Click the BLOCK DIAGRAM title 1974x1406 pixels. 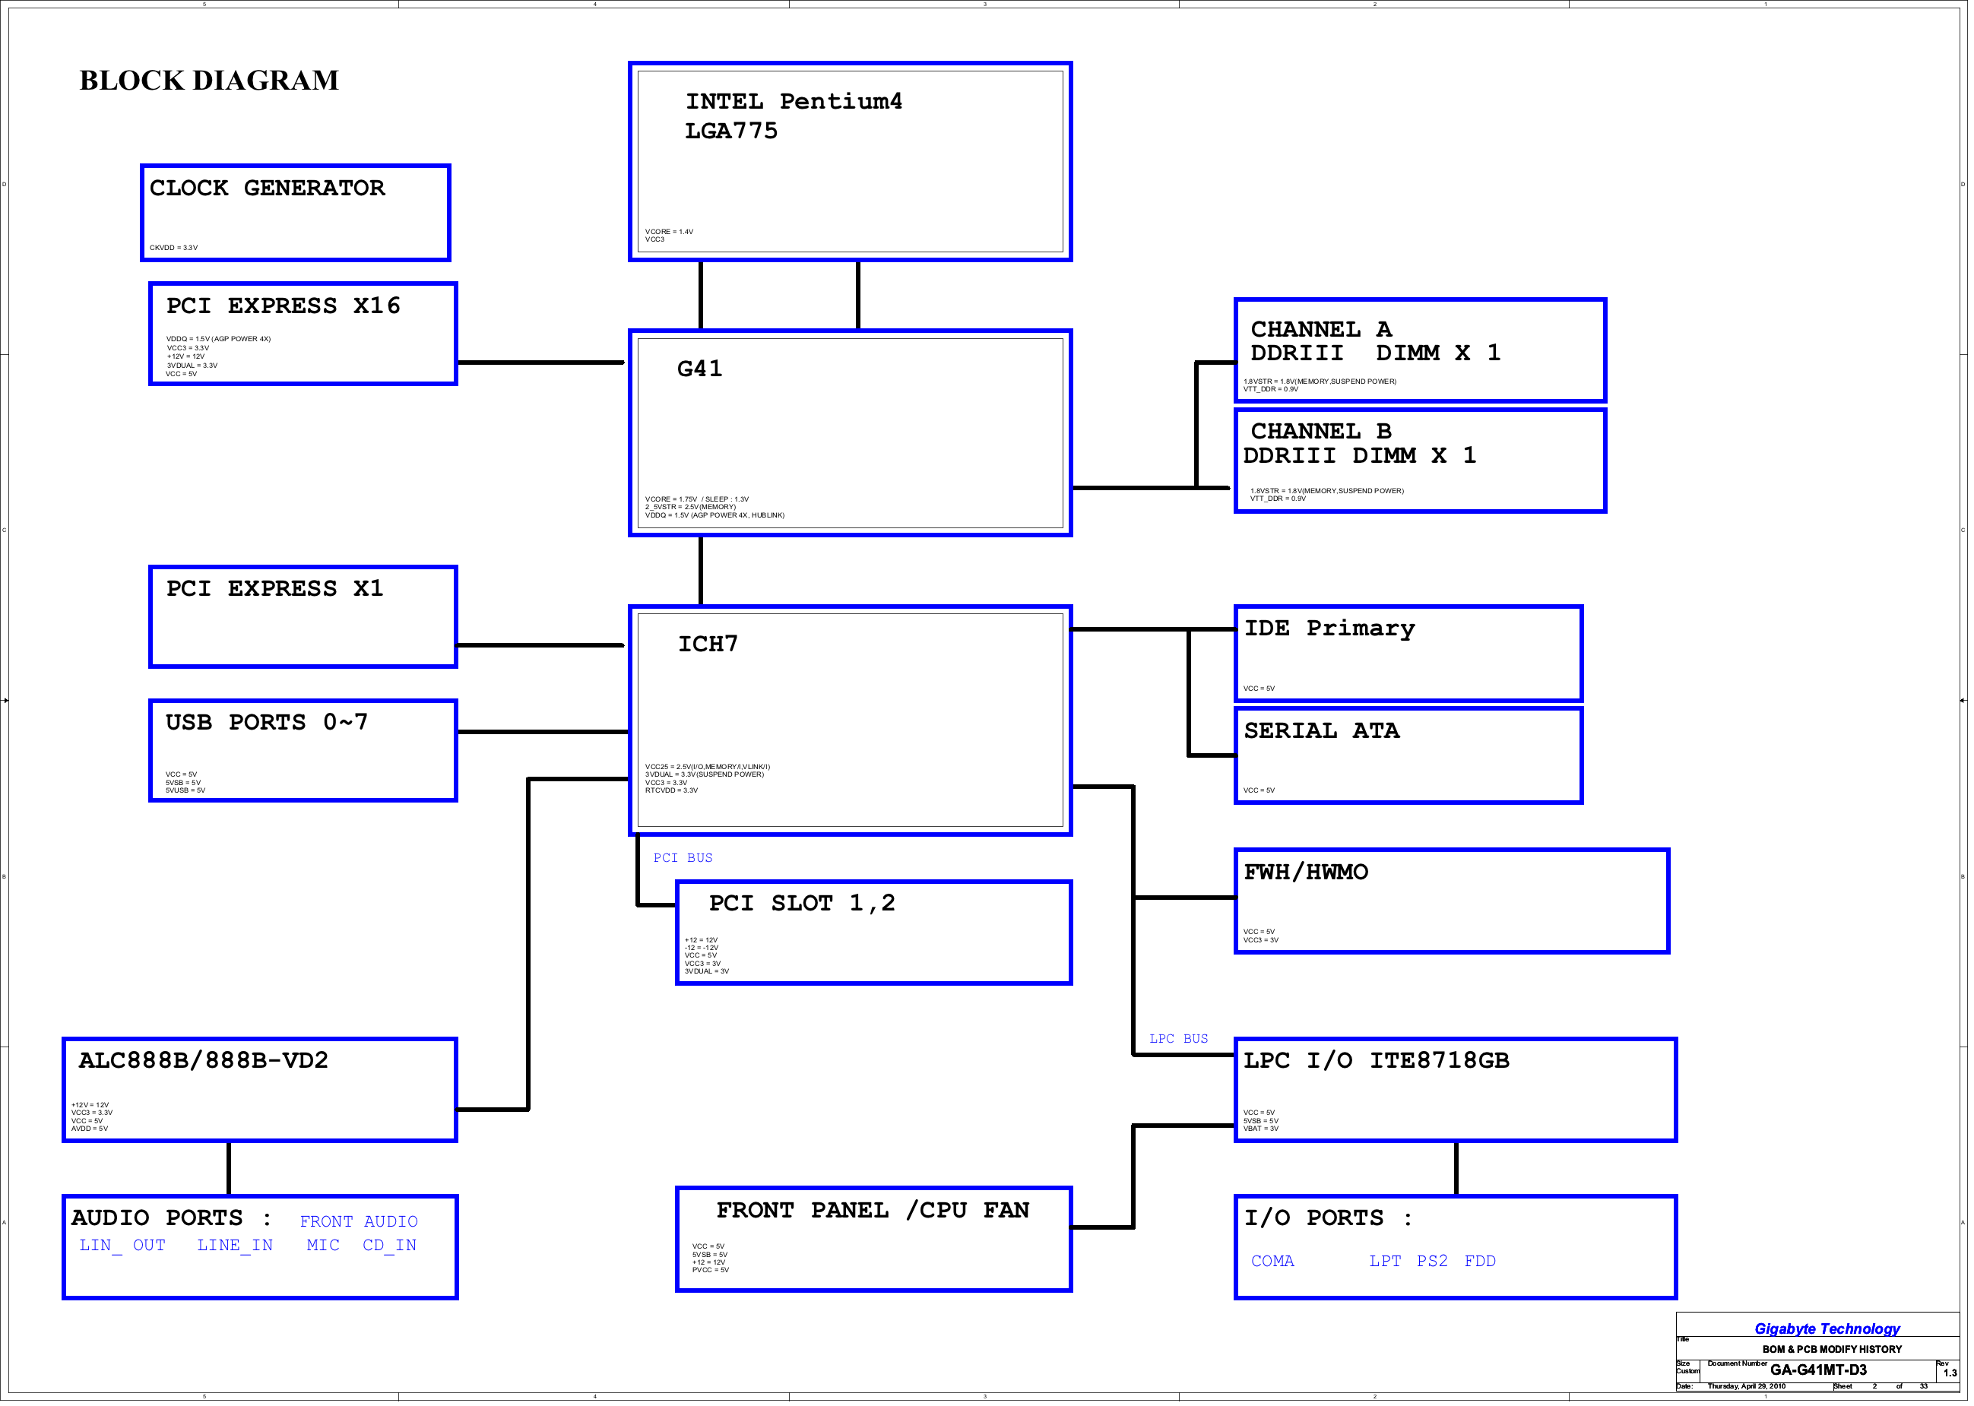click(x=210, y=81)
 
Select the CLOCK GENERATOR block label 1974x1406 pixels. click(x=268, y=188)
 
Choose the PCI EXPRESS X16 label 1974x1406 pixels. click(x=284, y=306)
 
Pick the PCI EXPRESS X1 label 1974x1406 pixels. click(x=275, y=589)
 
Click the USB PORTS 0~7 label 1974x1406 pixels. click(x=268, y=723)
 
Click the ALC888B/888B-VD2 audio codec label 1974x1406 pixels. click(x=204, y=1062)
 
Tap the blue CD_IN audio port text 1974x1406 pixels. click(x=391, y=1248)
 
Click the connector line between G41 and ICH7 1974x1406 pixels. click(x=702, y=572)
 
